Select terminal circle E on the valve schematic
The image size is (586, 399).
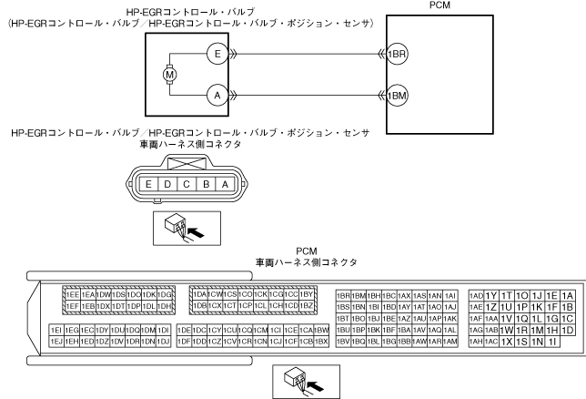pyautogui.click(x=216, y=54)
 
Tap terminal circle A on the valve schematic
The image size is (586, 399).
pyautogui.click(x=216, y=93)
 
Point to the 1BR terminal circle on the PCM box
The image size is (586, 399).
pyautogui.click(x=398, y=54)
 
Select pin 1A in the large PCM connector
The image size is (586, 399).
pyautogui.click(x=568, y=295)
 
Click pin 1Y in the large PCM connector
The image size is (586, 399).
pyautogui.click(x=490, y=295)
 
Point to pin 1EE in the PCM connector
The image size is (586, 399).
pyautogui.click(x=70, y=294)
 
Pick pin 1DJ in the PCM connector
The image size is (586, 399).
pyautogui.click(x=164, y=341)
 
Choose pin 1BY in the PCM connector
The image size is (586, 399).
pyautogui.click(x=307, y=294)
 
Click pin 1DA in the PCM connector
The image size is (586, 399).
pyautogui.click(x=197, y=294)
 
